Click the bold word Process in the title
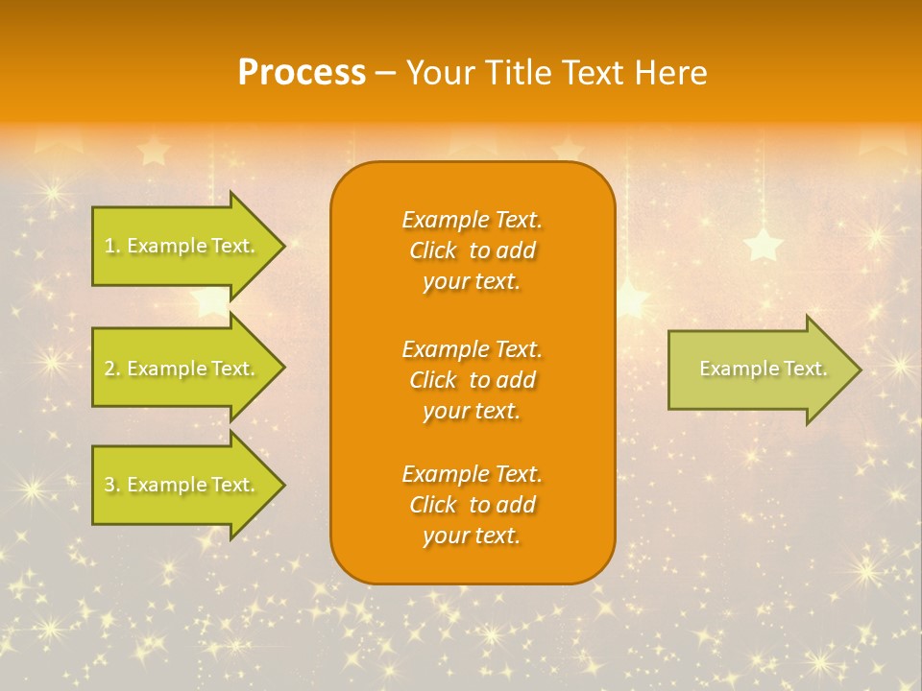tap(302, 73)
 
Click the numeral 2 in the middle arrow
tap(109, 369)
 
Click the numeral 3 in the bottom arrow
tap(109, 486)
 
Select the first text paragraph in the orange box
tap(472, 250)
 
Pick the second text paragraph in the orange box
tap(472, 380)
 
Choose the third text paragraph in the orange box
tap(472, 505)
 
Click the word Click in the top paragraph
tap(433, 251)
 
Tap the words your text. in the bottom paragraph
tap(472, 536)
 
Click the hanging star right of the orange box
tap(764, 244)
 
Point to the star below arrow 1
tap(208, 301)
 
